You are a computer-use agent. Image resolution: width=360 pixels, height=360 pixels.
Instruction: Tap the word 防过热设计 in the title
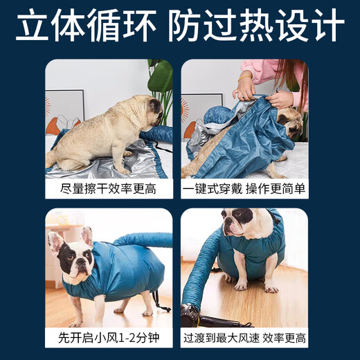(x=257, y=27)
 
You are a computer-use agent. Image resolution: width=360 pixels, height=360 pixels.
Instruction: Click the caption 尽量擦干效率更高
(x=109, y=188)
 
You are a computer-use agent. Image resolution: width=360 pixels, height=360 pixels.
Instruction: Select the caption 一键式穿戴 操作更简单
(x=244, y=188)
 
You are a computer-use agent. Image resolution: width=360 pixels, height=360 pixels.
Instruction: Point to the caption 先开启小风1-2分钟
(x=109, y=338)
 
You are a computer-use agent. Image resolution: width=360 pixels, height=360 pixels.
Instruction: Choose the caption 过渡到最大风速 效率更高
(x=244, y=338)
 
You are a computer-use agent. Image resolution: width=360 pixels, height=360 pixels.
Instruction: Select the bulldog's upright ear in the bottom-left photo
(x=87, y=235)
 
